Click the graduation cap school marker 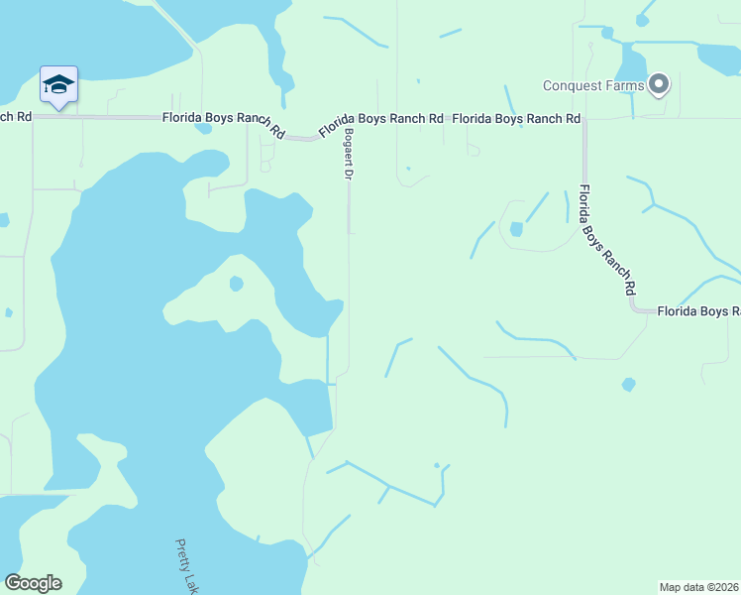(x=58, y=85)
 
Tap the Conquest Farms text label (x=593, y=85)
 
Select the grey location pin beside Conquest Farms (x=659, y=83)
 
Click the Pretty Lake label (x=187, y=565)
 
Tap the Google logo (x=33, y=583)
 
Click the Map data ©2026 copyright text (x=699, y=587)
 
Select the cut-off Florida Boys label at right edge (x=699, y=311)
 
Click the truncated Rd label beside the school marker (x=17, y=116)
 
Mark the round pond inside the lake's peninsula (x=236, y=284)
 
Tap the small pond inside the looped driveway (x=516, y=229)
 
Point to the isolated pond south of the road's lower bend (x=628, y=384)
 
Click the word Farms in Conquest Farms (x=624, y=85)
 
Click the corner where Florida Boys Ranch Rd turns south (x=584, y=119)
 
